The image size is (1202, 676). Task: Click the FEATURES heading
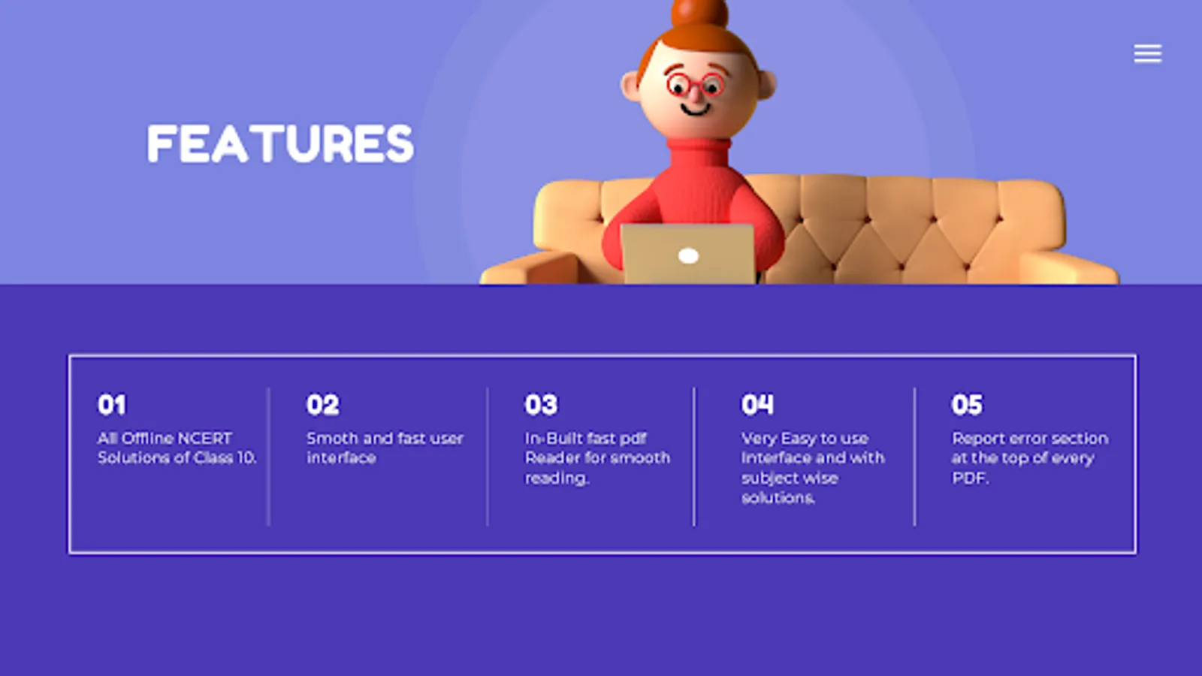[280, 143]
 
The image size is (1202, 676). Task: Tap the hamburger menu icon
[1148, 53]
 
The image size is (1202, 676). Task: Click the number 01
[112, 405]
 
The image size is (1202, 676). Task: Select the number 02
[322, 405]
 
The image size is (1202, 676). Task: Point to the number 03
[541, 405]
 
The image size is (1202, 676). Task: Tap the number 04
[758, 405]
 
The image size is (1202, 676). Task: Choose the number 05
[967, 405]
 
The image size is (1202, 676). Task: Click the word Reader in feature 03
[549, 457]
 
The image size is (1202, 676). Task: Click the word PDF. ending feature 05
[970, 478]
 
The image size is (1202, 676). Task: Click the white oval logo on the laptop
[688, 256]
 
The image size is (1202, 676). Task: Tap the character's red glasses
[696, 85]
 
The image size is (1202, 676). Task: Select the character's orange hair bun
[699, 13]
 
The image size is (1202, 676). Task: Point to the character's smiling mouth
[696, 110]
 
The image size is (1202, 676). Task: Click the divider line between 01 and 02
[268, 457]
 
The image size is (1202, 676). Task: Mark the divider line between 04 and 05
[914, 457]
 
